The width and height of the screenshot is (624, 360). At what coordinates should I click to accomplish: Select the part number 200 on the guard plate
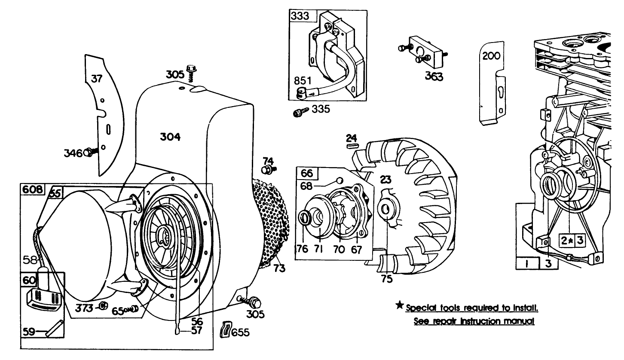pyautogui.click(x=490, y=56)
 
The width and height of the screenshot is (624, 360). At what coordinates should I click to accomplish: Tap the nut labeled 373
pyautogui.click(x=102, y=306)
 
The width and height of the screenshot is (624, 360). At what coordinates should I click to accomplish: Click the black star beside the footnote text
pyautogui.click(x=399, y=306)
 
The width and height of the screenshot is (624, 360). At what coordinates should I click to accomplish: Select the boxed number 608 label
pyautogui.click(x=33, y=189)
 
